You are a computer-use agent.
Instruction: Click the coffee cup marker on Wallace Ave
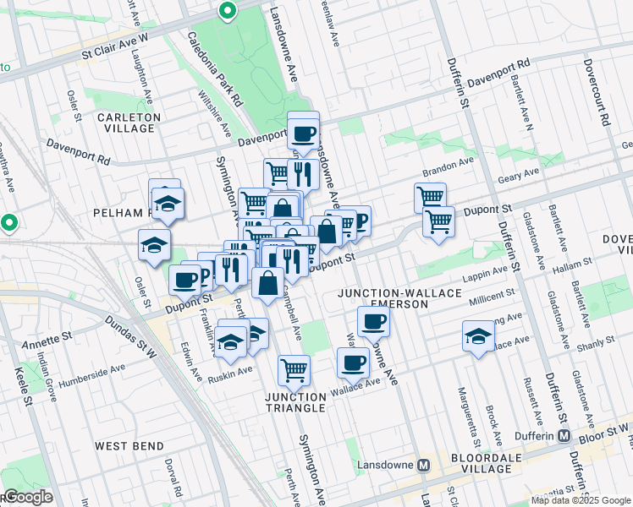click(353, 363)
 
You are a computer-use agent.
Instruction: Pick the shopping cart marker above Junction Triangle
click(294, 368)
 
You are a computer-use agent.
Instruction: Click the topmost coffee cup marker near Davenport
click(303, 132)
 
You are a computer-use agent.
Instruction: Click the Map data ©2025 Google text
click(581, 500)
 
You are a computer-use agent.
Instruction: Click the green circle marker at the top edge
click(227, 11)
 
